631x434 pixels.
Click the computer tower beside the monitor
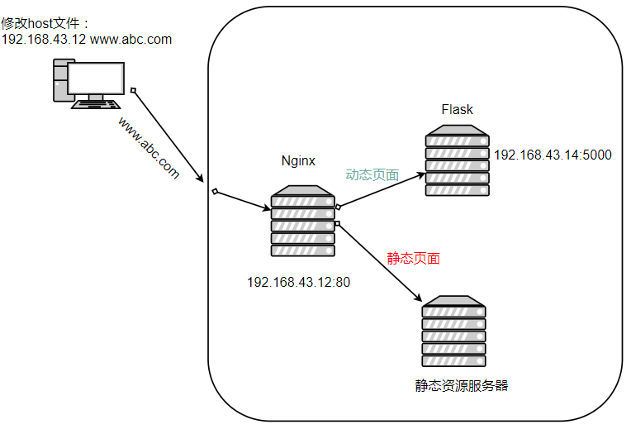(60, 80)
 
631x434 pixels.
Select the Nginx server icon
(302, 221)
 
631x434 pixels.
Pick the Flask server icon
(457, 160)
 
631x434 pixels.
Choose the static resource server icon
(453, 331)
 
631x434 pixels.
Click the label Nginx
(298, 161)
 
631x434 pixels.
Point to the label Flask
(458, 110)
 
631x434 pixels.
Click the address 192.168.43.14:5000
(553, 155)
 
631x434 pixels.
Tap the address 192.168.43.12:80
(298, 282)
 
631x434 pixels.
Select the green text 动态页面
(372, 175)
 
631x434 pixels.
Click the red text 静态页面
(413, 258)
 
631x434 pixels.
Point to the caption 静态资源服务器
(462, 385)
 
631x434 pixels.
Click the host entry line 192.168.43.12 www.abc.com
(87, 39)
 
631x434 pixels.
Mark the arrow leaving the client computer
(168, 135)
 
